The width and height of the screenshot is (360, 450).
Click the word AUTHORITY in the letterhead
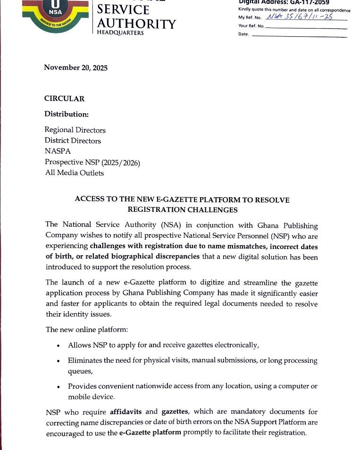136,24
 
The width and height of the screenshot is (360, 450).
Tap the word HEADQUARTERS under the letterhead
120,33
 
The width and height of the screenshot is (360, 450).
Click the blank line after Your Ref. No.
306,27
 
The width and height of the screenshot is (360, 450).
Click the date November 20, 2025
76,67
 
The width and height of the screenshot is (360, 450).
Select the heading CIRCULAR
65,99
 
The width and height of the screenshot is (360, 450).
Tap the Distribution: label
67,114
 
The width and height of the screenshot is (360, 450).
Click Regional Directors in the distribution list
75,130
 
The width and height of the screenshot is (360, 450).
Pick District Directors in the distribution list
73,141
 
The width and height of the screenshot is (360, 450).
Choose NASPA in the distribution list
58,151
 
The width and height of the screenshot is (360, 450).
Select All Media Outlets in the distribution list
74,173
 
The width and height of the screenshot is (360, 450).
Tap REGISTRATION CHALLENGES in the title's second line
183,209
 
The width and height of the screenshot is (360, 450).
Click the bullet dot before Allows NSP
58,346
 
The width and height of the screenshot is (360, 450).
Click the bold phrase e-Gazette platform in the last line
149,432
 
